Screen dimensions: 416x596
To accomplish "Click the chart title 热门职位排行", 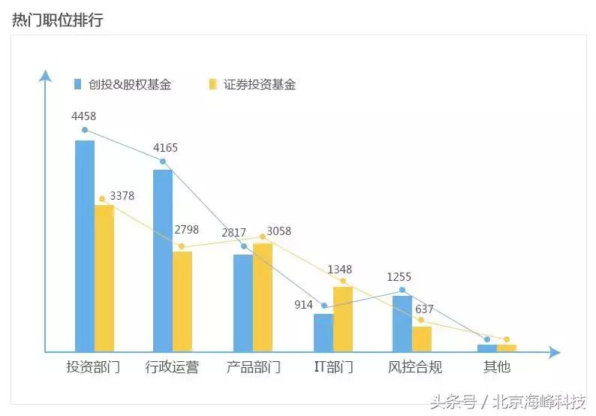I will (58, 20).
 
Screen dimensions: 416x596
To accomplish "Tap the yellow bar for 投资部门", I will (104, 278).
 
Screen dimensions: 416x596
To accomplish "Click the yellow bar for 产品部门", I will (263, 297).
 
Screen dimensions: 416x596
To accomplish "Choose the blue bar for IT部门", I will (324, 333).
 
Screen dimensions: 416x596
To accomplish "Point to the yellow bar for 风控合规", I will (422, 339).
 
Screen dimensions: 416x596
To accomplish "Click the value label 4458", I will (83, 116).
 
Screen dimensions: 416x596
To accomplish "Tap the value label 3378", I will (122, 196).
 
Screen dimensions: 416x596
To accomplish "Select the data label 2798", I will (186, 230).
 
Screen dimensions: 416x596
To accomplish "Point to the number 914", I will (303, 304).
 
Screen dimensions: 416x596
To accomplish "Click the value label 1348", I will (339, 270).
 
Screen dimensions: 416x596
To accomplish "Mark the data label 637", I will (424, 309).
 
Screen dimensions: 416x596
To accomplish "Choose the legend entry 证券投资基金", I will (259, 85).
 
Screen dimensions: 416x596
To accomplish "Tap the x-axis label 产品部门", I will (253, 368).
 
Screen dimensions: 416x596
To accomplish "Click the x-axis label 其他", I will (497, 367).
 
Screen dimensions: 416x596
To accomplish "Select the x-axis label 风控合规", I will (414, 368).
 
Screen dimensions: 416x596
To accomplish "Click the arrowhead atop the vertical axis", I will (46, 75).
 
